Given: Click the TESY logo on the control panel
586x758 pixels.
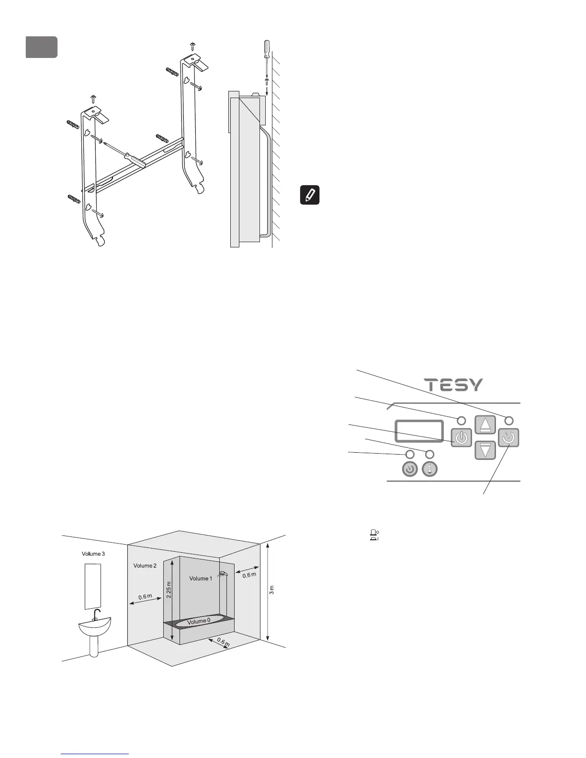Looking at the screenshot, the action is [454, 385].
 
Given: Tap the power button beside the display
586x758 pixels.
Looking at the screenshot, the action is [461, 438].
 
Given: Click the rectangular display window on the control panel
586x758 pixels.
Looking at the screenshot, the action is [419, 431].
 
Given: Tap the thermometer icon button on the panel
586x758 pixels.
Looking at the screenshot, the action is [429, 470].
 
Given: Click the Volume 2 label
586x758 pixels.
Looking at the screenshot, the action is [145, 566].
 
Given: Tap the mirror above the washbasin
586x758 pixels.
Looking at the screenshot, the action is [93, 586].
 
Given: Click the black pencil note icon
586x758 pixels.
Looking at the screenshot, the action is [310, 195].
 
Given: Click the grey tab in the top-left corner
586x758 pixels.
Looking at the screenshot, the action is [42, 47].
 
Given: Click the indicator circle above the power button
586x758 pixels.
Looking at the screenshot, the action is [461, 420].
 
